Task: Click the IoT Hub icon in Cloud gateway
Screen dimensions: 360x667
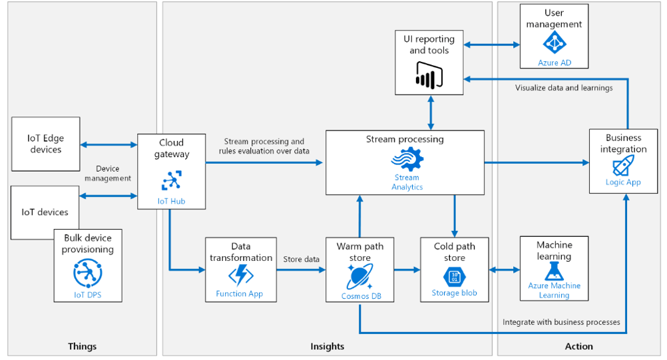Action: [171, 180]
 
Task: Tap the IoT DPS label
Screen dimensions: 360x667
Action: [88, 294]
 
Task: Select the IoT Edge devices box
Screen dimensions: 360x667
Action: [45, 144]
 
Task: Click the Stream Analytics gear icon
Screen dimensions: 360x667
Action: [405, 160]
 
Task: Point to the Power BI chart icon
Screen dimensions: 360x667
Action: [429, 75]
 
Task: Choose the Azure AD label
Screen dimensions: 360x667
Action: [554, 63]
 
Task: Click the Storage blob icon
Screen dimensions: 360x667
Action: [455, 276]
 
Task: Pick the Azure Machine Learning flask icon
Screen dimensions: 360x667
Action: [554, 271]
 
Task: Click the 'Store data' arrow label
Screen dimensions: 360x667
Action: [301, 260]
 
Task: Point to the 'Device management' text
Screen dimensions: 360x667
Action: [112, 173]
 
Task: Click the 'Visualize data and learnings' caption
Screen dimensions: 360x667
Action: [564, 87]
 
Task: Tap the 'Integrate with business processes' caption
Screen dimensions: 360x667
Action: [561, 322]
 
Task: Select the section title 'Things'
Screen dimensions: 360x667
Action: [82, 346]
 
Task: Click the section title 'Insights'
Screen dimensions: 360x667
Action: [328, 346]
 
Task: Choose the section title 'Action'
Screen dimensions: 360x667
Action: [578, 346]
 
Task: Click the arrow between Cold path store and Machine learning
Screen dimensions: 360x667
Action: [504, 270]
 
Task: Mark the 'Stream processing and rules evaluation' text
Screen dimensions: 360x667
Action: [264, 146]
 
